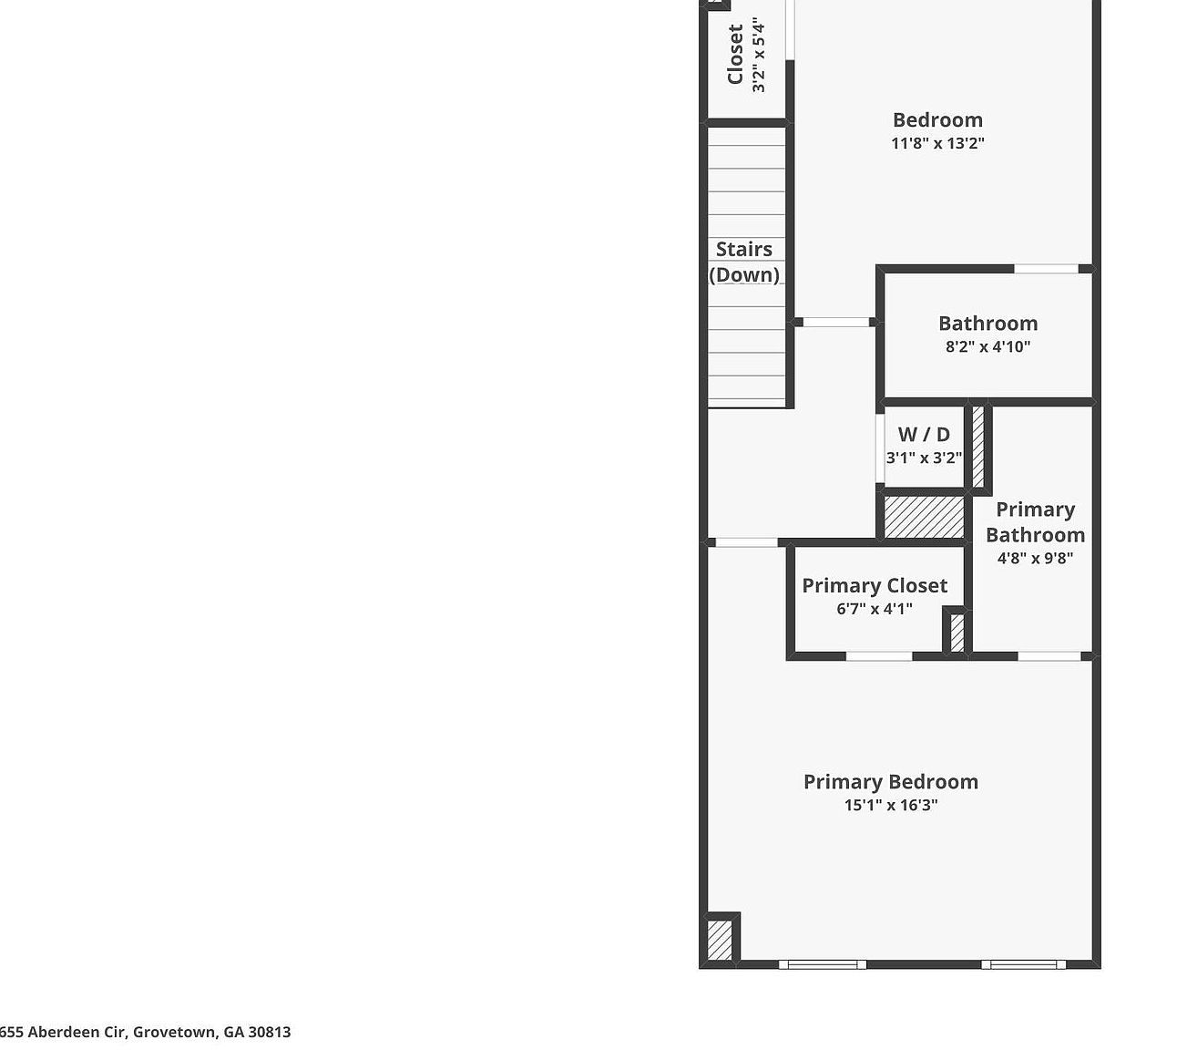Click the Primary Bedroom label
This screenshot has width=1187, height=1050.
pyautogui.click(x=890, y=782)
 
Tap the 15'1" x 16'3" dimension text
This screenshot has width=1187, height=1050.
pyautogui.click(x=890, y=805)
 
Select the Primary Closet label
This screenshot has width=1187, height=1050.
pyautogui.click(x=875, y=586)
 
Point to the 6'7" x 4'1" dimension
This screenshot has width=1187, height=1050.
pyautogui.click(x=875, y=609)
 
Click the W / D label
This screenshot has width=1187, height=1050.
pyautogui.click(x=924, y=435)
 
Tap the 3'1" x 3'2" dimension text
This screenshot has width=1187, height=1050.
pyautogui.click(x=924, y=458)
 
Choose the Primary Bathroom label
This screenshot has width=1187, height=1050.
pyautogui.click(x=1035, y=522)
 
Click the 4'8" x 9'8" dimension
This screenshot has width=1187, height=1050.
pyautogui.click(x=1035, y=558)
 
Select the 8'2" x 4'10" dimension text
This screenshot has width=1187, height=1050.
pyautogui.click(x=987, y=346)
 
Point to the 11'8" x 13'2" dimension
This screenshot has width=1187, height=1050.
pyautogui.click(x=937, y=143)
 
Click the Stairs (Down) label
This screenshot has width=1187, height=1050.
pyautogui.click(x=744, y=262)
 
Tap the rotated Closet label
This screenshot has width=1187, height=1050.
pyautogui.click(x=735, y=55)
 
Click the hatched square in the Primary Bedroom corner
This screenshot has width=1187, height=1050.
pyautogui.click(x=719, y=940)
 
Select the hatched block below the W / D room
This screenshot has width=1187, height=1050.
pyautogui.click(x=924, y=517)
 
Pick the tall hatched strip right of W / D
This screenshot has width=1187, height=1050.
pyautogui.click(x=978, y=447)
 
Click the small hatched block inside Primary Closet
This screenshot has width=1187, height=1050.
pyautogui.click(x=957, y=633)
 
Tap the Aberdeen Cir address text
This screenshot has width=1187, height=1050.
pyautogui.click(x=146, y=1032)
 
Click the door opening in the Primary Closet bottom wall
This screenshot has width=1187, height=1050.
pyautogui.click(x=879, y=656)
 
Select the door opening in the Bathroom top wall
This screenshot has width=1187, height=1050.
pyautogui.click(x=1046, y=269)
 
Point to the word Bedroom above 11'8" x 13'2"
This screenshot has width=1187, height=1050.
pyautogui.click(x=937, y=120)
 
